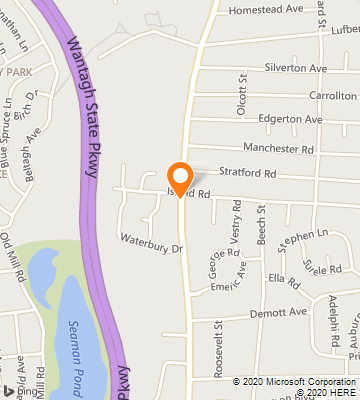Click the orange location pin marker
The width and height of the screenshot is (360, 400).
pyautogui.click(x=180, y=178)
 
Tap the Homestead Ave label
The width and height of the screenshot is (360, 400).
pyautogui.click(x=265, y=9)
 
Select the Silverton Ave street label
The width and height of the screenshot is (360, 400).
pyautogui.click(x=296, y=68)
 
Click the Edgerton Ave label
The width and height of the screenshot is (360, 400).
pyautogui.click(x=290, y=120)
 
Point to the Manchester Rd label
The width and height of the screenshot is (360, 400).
pyautogui.click(x=278, y=148)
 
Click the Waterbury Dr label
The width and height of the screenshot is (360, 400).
pyautogui.click(x=153, y=242)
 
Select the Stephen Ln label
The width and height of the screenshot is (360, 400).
pyautogui.click(x=303, y=240)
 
